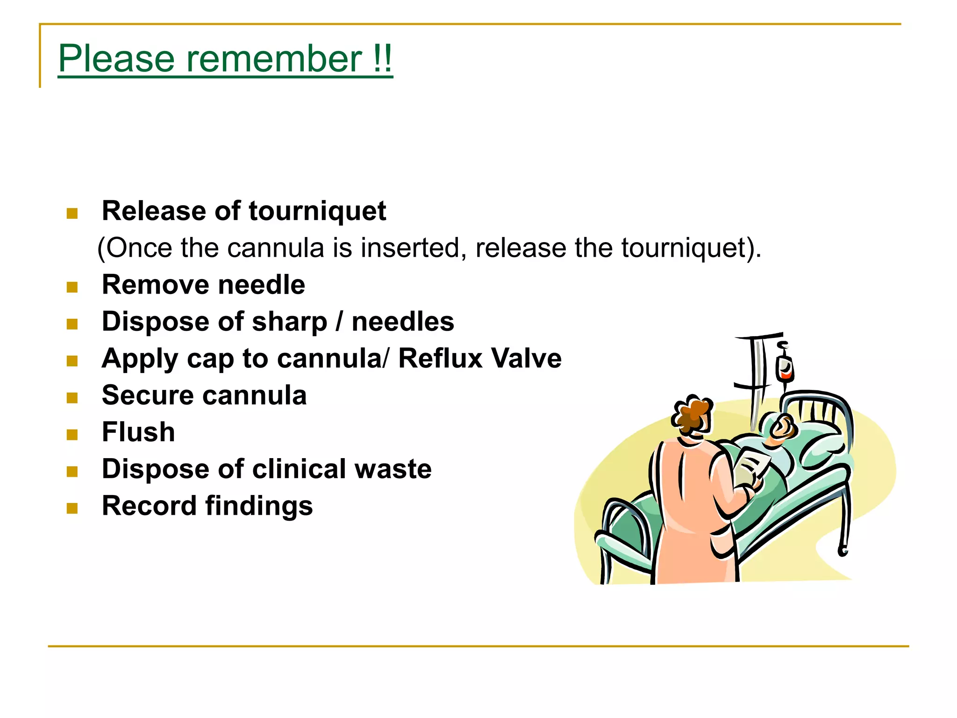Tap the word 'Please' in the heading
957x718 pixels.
point(116,59)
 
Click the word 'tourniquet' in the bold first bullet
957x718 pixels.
point(317,211)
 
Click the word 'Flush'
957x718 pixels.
point(138,432)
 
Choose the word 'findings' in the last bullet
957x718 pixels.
point(259,506)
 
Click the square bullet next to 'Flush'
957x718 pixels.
point(72,435)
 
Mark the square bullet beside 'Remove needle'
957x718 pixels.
point(72,287)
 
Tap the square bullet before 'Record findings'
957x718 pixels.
point(72,509)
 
